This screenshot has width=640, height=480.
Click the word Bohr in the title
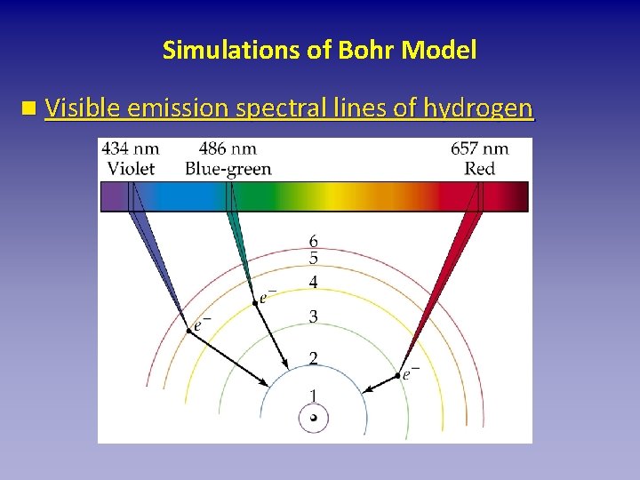click(x=368, y=50)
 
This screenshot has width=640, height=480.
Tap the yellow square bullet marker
click(x=30, y=109)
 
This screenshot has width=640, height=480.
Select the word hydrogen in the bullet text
click(x=479, y=109)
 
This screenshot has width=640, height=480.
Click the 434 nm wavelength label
click(x=131, y=149)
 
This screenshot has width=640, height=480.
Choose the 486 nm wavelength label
click(x=228, y=149)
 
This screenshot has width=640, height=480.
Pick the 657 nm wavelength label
click(x=480, y=149)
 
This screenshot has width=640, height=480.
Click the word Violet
click(x=131, y=169)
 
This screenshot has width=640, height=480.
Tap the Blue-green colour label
click(x=228, y=169)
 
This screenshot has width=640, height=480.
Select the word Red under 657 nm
click(x=480, y=169)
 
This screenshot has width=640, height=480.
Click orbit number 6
click(x=313, y=242)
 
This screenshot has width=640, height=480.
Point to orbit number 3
click(x=313, y=316)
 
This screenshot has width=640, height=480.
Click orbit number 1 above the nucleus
click(x=313, y=396)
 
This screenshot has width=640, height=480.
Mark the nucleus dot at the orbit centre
click(x=313, y=418)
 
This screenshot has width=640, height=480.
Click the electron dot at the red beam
click(x=397, y=376)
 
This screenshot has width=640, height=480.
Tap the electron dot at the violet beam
click(x=188, y=330)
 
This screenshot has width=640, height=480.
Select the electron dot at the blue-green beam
click(x=254, y=302)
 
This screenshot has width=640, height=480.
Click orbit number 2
click(x=313, y=358)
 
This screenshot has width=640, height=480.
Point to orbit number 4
click(x=313, y=283)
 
